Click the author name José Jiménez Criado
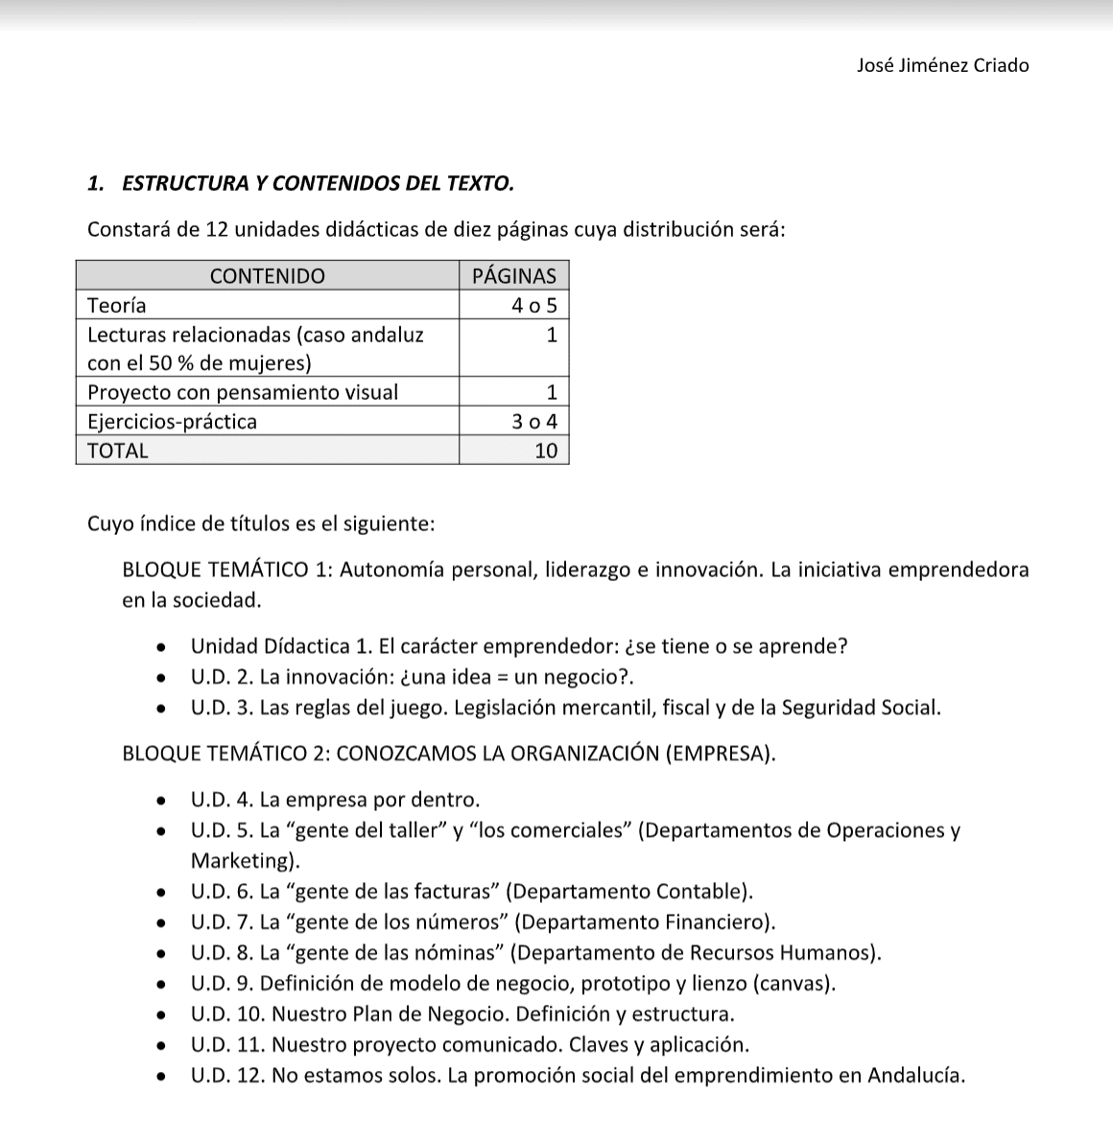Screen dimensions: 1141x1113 [942, 66]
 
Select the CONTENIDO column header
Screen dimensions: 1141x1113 [267, 276]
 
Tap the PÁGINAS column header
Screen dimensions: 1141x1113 [514, 276]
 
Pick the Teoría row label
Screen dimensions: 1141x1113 [117, 306]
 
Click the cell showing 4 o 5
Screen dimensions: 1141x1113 [534, 306]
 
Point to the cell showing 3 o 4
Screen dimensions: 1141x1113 [534, 422]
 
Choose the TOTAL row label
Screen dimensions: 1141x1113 [118, 451]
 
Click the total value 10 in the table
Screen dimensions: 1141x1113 [545, 451]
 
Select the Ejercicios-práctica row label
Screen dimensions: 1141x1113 [172, 422]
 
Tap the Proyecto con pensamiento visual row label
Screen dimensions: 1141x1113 [242, 392]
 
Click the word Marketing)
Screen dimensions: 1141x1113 [245, 861]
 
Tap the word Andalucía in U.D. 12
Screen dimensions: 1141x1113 [914, 1076]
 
